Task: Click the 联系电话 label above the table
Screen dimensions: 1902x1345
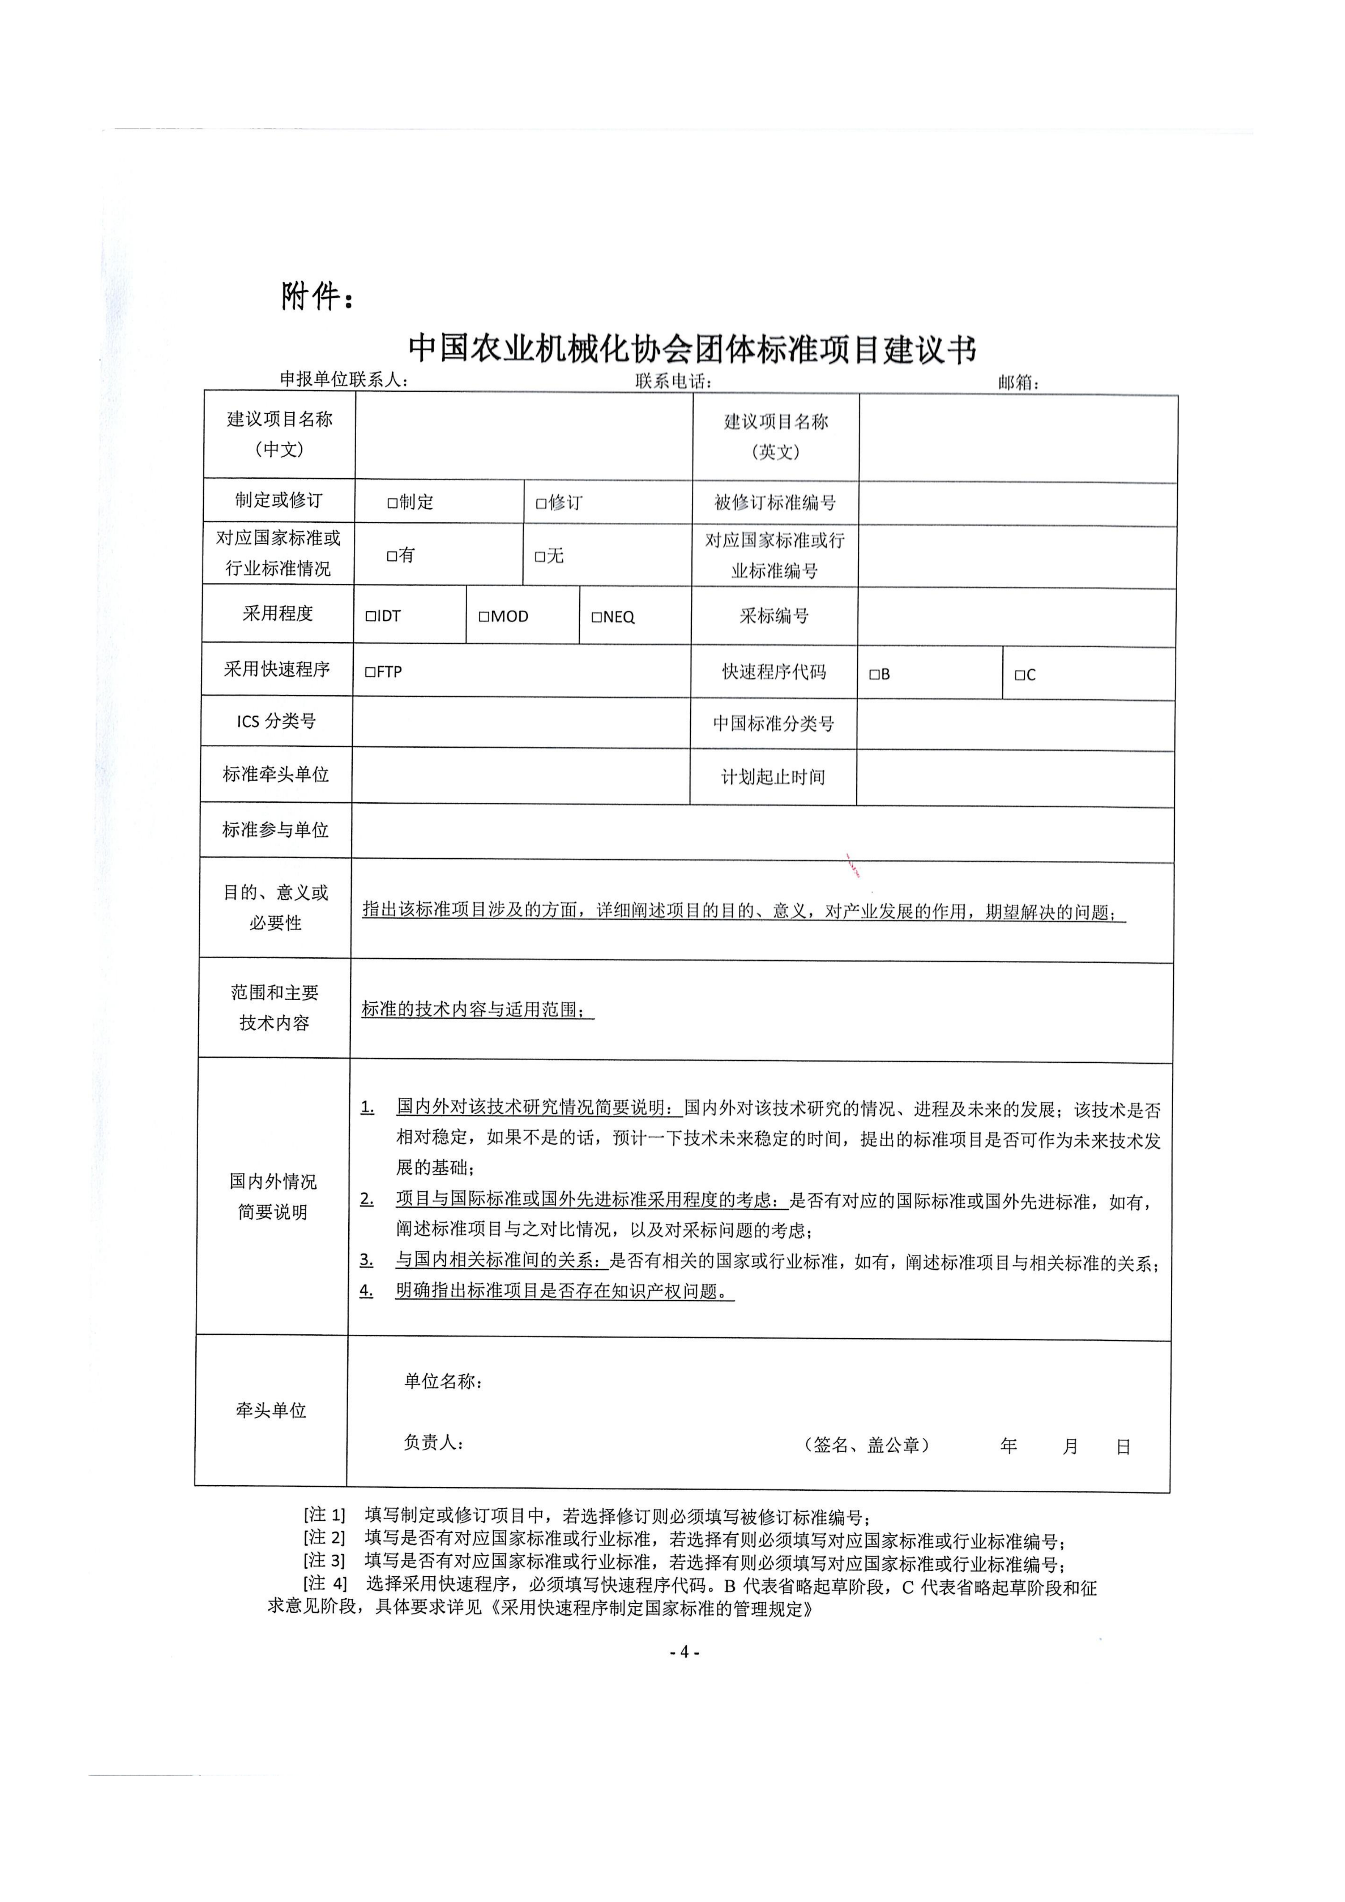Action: [x=673, y=381]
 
